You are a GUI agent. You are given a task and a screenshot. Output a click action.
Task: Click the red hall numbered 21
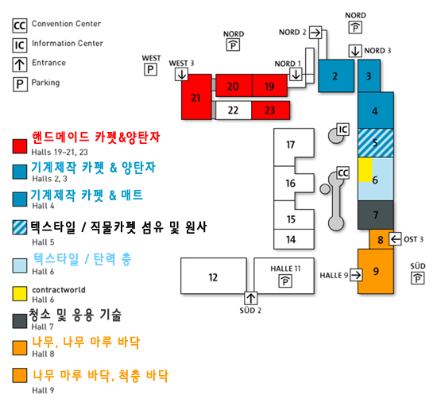(x=196, y=97)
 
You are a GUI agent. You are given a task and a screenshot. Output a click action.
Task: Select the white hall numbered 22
(x=234, y=110)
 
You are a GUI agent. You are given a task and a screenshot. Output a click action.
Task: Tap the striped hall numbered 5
(x=376, y=143)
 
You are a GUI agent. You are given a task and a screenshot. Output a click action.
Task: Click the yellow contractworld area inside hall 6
(x=365, y=170)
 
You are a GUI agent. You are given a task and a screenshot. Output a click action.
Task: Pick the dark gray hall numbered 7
(x=376, y=215)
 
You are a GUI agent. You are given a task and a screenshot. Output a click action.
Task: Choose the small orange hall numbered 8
(x=380, y=239)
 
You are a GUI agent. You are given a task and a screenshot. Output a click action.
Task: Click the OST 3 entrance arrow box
(x=395, y=239)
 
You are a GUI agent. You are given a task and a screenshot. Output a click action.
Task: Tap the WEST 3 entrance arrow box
(x=182, y=75)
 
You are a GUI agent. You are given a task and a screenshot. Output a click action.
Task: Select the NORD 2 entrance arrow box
(x=315, y=33)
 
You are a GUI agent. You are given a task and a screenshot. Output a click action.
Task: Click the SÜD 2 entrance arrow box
(x=251, y=298)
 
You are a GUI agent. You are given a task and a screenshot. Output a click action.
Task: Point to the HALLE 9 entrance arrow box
(x=356, y=275)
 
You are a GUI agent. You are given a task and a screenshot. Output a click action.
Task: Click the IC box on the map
(x=342, y=130)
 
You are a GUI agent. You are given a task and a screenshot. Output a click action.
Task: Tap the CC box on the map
(x=342, y=173)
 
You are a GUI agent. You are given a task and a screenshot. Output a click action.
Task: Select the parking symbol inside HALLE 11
(x=285, y=281)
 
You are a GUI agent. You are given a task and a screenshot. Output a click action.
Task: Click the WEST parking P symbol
(x=150, y=69)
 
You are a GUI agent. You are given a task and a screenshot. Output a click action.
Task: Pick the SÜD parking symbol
(x=417, y=278)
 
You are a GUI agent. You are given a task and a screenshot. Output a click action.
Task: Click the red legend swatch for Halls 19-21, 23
(x=20, y=146)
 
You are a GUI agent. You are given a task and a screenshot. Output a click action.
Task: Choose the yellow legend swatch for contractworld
(x=20, y=293)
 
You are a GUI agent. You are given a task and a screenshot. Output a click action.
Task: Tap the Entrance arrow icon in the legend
(x=20, y=64)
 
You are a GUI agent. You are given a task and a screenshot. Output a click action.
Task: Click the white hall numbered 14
(x=294, y=239)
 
